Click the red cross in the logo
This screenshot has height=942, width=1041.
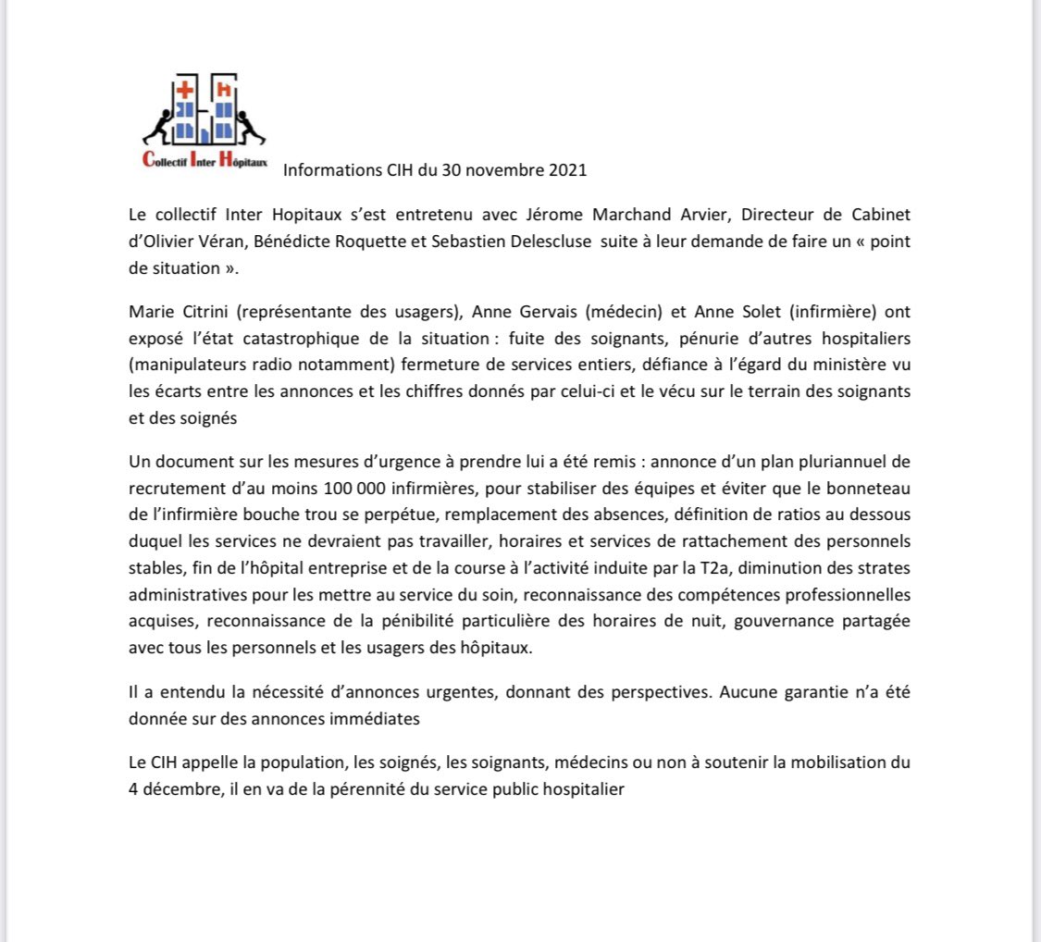pos(184,91)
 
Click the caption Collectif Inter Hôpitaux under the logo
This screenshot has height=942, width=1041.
pos(204,160)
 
